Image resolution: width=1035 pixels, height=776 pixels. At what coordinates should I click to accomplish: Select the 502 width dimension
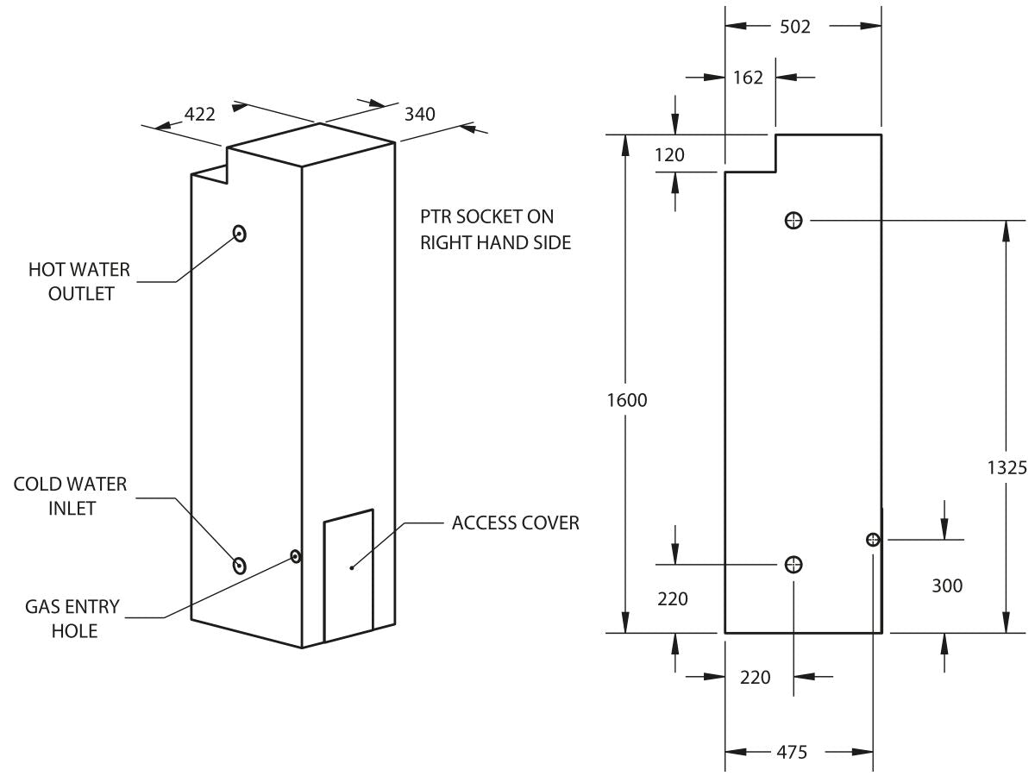pos(794,27)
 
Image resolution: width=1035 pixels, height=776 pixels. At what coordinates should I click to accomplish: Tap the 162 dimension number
pos(748,78)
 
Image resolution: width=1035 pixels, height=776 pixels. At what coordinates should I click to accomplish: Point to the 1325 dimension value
pos(1007,467)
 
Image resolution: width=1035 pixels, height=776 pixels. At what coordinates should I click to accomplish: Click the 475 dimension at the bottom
pos(791,752)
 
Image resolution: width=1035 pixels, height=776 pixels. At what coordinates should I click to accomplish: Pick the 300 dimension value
pos(947,586)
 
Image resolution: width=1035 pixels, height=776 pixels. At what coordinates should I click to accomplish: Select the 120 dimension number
pos(669,155)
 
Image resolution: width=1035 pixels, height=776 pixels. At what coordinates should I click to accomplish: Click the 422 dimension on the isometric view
pos(200,114)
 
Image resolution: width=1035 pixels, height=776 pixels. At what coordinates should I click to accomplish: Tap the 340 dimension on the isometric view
pos(419,113)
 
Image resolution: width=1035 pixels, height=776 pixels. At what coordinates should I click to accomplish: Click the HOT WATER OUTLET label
pos(79,282)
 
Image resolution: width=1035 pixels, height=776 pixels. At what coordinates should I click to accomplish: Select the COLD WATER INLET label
pos(70,497)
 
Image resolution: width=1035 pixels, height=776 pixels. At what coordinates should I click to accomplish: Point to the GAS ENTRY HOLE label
pos(72,618)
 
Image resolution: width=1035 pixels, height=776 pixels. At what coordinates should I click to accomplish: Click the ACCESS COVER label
pos(515,523)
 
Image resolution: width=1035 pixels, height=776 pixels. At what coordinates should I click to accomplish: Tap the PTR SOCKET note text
pos(495,229)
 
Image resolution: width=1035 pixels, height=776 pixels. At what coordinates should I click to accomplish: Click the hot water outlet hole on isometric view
pos(240,233)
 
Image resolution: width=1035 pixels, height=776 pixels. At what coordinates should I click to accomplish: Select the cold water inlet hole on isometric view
pos(240,566)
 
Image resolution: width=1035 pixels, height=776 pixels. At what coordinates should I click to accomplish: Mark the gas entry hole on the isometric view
pos(296,557)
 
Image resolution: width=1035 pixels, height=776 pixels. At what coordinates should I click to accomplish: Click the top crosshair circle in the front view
pos(793,221)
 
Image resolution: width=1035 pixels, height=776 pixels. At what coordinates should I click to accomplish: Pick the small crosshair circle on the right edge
pos(873,540)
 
